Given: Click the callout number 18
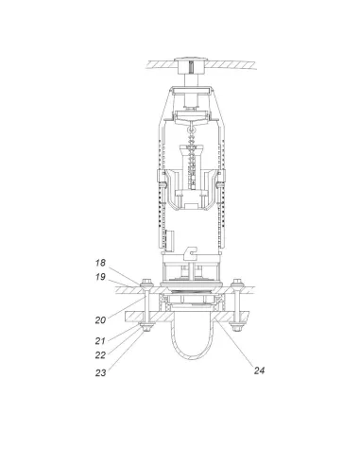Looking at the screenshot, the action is click(x=100, y=263).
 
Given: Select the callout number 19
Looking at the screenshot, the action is click(x=100, y=277).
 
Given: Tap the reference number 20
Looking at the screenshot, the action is click(x=100, y=320).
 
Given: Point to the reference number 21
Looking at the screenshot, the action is click(x=100, y=340).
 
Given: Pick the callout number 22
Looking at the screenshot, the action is click(x=100, y=355).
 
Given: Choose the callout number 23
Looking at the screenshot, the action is click(x=100, y=372).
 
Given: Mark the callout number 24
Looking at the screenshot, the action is click(x=259, y=370).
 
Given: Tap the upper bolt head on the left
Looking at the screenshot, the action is click(x=146, y=281).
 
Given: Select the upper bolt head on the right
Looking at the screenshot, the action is click(x=237, y=281).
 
